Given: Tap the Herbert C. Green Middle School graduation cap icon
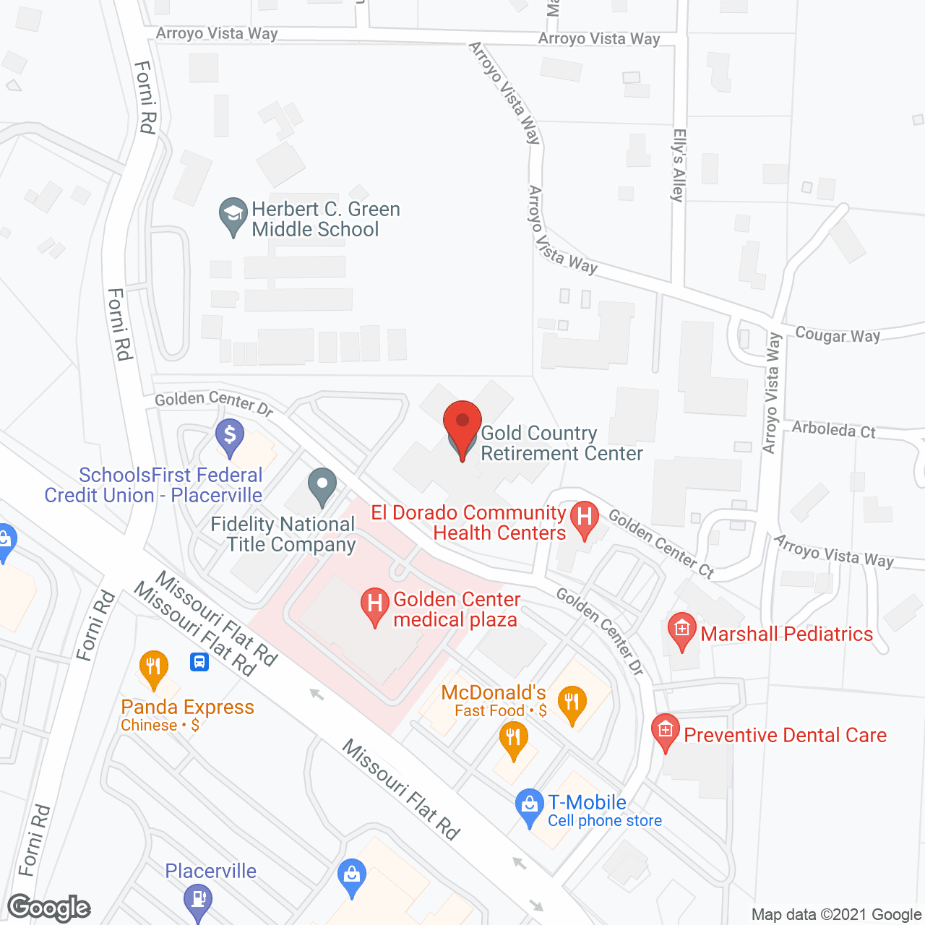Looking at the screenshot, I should tap(233, 214).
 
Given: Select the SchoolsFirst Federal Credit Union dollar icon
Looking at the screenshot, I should tap(230, 436).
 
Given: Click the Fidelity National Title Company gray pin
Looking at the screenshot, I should tap(322, 485).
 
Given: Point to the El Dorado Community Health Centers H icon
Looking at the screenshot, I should tap(585, 518).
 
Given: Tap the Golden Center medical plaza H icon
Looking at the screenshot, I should tap(374, 605).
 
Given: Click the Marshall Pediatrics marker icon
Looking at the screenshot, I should tap(681, 629).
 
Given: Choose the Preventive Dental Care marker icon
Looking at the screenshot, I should tap(665, 731).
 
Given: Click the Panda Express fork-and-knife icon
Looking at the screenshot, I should tap(153, 666).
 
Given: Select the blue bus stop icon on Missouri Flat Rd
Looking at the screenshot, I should tap(199, 661).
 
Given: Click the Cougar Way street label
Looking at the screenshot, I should tap(838, 335).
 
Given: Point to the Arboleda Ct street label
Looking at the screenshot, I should tap(833, 430).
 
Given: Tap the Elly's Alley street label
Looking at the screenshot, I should tap(678, 165).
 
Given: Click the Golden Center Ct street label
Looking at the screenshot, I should tap(661, 543).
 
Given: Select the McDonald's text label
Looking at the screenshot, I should tap(494, 692).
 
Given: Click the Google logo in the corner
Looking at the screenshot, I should tap(49, 908).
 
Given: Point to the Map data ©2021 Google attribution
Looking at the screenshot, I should tap(836, 915).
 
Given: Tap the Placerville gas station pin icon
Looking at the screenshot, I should tap(197, 901).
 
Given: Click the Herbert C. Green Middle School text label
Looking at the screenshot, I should tap(325, 219).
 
